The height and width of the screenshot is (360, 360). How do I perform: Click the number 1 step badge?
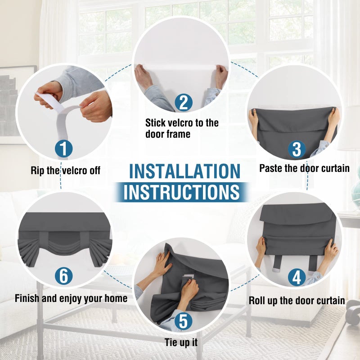click(63, 149)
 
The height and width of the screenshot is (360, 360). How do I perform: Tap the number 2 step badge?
click(184, 103)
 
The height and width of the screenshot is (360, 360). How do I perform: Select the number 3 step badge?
click(297, 149)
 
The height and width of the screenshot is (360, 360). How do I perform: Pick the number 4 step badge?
click(297, 277)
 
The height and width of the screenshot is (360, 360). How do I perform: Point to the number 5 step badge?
click(183, 321)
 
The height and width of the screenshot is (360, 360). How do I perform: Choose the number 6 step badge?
click(63, 276)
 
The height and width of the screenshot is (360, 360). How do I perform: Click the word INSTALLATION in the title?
click(185, 171)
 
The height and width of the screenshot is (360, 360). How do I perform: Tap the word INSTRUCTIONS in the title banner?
click(182, 192)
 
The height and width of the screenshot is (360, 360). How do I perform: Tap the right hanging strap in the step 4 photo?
click(313, 264)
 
